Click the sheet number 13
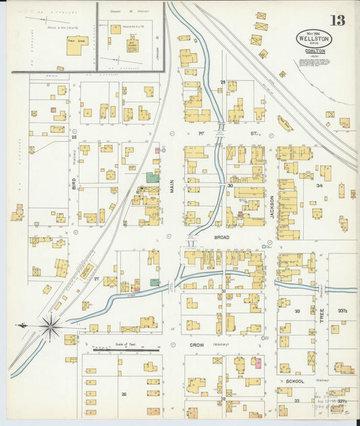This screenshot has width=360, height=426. coord(338,20)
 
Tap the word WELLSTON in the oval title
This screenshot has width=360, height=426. coord(314,39)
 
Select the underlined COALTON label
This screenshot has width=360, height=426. coord(314,50)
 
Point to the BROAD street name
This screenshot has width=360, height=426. coord(222,238)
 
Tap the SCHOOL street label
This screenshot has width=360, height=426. coord(295,381)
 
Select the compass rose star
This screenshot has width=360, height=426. coord(50,327)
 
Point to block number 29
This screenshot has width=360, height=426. coord(222,82)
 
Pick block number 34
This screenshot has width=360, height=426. coord(319,185)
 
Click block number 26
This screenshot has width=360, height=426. coord(124,394)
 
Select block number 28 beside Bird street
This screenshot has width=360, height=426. coord(74,136)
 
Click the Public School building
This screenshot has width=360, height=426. coord(78,42)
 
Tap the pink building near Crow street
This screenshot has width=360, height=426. coord(257,363)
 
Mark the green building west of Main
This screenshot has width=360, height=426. coord(153,178)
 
